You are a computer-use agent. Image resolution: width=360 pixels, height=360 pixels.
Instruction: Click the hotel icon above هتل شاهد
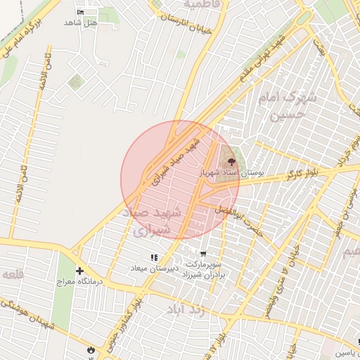point(80,13)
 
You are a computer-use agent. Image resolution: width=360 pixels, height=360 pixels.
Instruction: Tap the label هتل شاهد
point(80,22)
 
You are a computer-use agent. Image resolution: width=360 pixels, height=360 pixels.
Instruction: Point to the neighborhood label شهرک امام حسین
point(288,105)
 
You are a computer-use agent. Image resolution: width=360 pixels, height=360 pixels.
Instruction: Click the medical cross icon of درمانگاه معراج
point(79,271)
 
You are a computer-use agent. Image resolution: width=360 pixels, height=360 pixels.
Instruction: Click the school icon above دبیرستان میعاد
point(154,258)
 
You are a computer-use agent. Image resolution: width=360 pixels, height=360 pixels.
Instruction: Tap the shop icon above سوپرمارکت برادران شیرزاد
point(203,255)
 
